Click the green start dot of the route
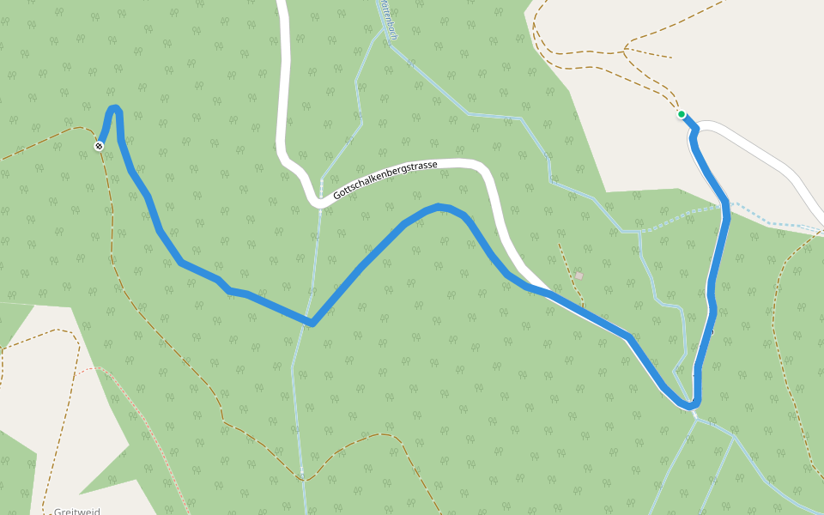[x=682, y=114]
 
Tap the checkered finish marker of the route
[x=100, y=146]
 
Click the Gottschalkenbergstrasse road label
[x=386, y=181]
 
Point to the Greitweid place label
[x=76, y=512]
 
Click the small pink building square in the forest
[x=579, y=276]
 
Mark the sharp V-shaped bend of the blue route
[x=312, y=323]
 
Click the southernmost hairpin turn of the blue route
[x=691, y=404]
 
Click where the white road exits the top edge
[x=280, y=3]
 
